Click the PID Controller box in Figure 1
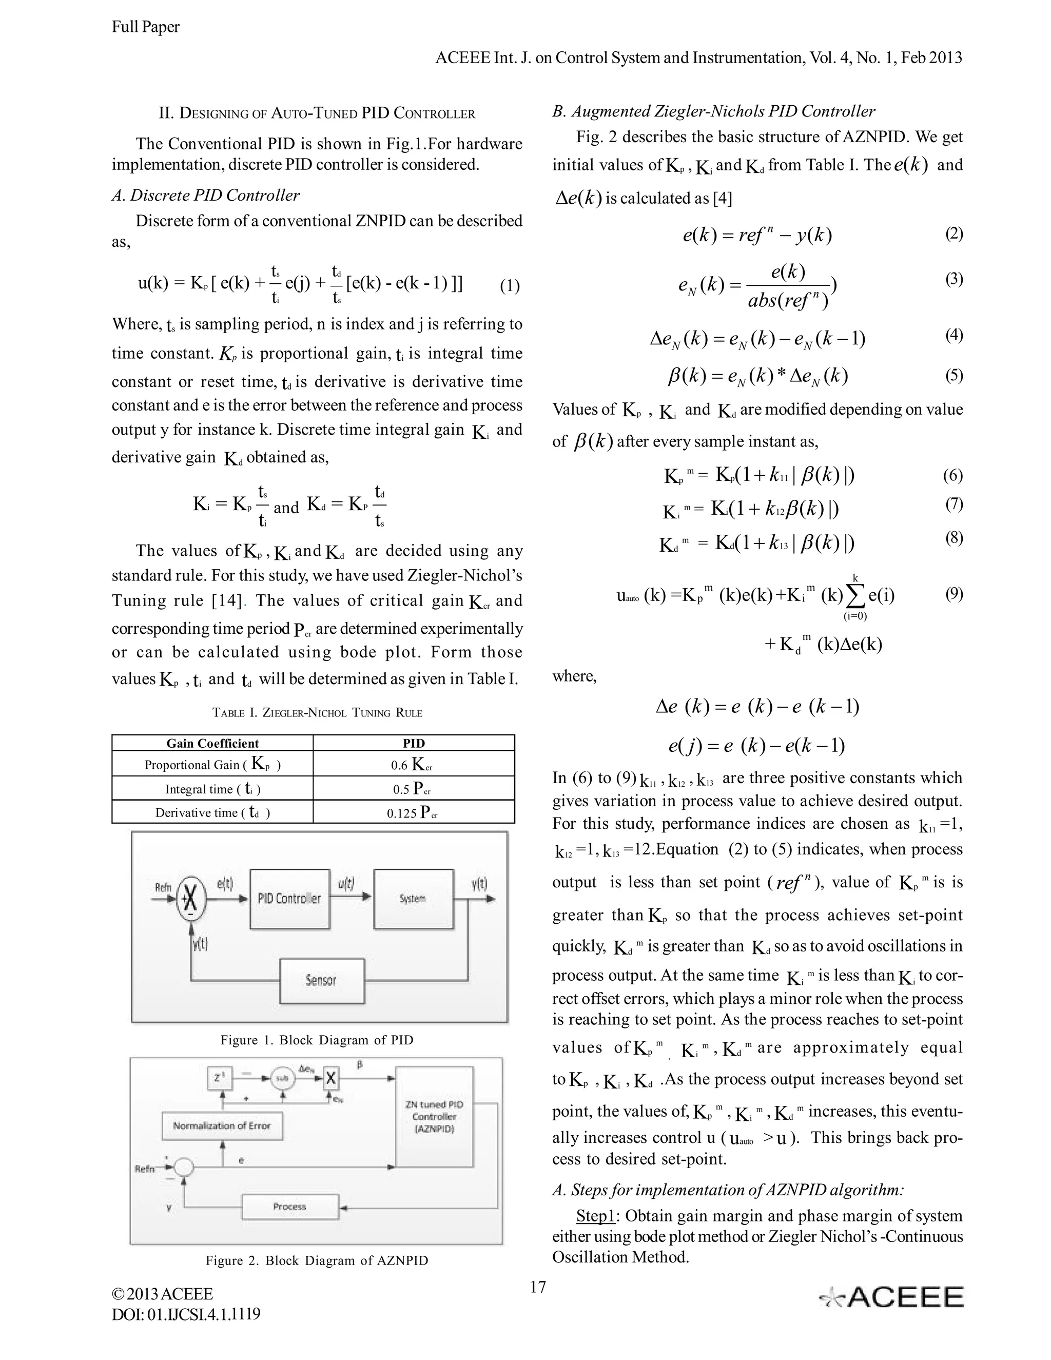(x=289, y=899)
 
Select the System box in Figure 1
(x=413, y=899)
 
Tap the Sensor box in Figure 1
(x=321, y=981)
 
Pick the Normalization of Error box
(x=222, y=1126)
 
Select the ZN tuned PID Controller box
(x=434, y=1117)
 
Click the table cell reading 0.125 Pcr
(x=414, y=812)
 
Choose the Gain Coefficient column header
(x=212, y=744)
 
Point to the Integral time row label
(x=212, y=789)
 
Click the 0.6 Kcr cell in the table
(x=414, y=765)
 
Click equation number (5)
(x=954, y=376)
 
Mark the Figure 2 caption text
(x=317, y=1261)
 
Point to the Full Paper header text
(x=146, y=27)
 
